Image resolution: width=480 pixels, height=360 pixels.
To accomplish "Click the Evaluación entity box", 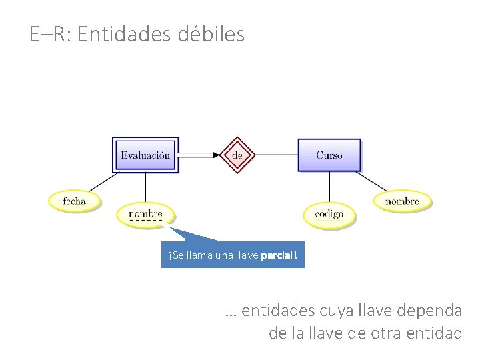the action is (145, 155).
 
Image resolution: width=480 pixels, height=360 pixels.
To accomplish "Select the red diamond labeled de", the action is (238, 155).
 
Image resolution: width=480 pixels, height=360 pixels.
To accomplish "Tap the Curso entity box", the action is (329, 155).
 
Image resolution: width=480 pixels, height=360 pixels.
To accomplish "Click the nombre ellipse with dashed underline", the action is (145, 213).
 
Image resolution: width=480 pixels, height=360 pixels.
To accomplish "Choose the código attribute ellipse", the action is (329, 214).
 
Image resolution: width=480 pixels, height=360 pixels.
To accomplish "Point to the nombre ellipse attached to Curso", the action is (402, 200).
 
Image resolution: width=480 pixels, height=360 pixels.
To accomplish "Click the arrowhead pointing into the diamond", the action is (215, 155).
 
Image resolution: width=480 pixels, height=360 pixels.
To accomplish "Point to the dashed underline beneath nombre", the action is (145, 221).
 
